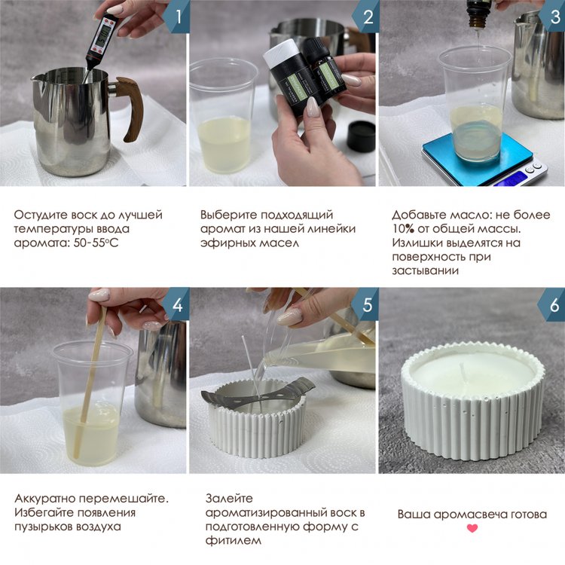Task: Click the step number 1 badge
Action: click(177, 17)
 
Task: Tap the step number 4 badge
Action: click(177, 304)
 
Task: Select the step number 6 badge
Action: click(553, 305)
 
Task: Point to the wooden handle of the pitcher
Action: click(131, 108)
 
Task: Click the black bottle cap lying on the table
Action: click(361, 136)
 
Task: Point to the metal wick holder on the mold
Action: click(258, 395)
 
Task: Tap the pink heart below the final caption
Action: click(472, 528)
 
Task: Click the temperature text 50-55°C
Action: click(96, 243)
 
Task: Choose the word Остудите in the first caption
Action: click(41, 215)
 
